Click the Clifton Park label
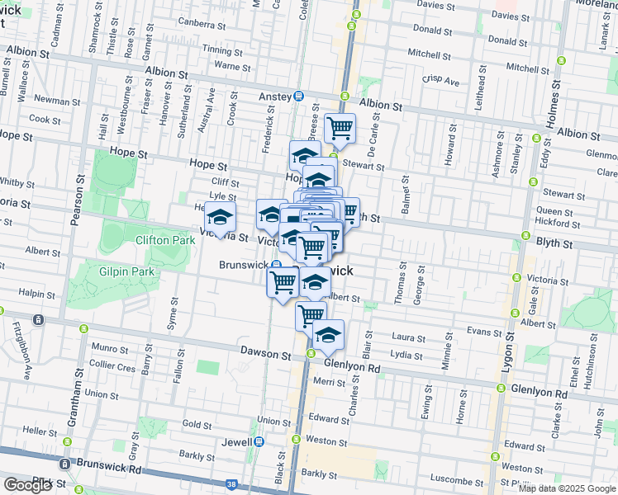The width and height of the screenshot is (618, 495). tap(165, 240)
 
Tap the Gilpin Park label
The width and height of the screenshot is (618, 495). tap(127, 271)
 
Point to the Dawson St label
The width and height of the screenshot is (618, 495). tap(266, 352)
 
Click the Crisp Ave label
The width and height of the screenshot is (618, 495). tap(440, 82)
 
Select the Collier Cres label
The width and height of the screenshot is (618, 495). tap(112, 366)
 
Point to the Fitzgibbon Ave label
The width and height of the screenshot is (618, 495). tap(24, 355)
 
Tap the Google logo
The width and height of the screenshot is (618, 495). tap(27, 485)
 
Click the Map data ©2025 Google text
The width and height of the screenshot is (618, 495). tap(567, 488)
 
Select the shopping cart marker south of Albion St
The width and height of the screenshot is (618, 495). tap(340, 129)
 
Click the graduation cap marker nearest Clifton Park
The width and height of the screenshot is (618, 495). tap(220, 218)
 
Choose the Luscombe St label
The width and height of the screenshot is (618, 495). tap(455, 481)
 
